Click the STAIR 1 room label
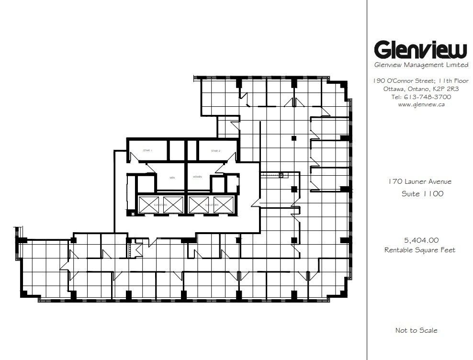pos(147,151)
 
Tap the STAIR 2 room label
pos(215,151)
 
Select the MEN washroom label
pos(172,177)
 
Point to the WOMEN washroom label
pos(197,177)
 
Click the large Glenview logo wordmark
pos(420,50)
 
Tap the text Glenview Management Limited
pos(421,65)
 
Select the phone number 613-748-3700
pos(427,97)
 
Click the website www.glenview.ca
pos(422,105)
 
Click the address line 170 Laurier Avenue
pos(420,181)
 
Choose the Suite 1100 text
pos(422,194)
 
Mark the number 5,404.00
pos(421,240)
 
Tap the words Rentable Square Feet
pos(420,250)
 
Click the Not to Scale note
pos(416,330)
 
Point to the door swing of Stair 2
pos(232,158)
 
